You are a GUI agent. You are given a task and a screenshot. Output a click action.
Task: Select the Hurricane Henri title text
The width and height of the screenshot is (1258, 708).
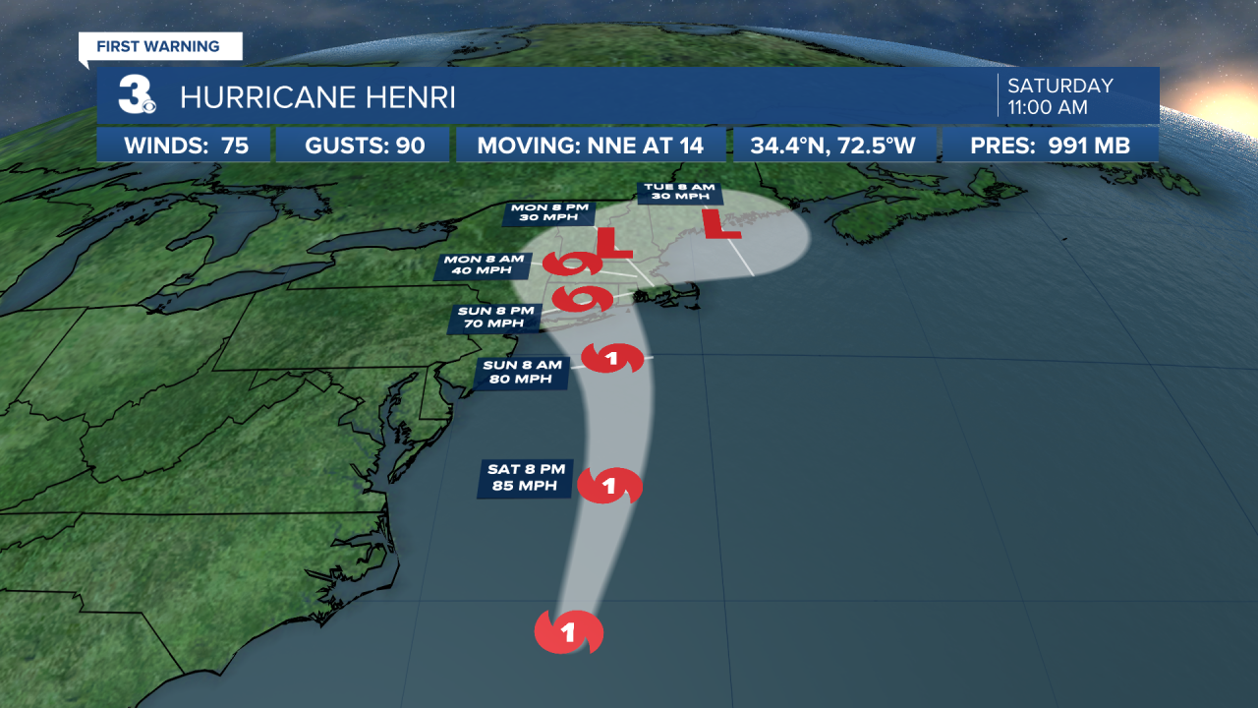click(317, 97)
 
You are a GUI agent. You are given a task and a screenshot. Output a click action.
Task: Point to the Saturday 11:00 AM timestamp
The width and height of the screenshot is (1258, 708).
click(1059, 96)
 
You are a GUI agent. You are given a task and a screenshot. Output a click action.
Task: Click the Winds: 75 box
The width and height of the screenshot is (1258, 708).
click(186, 147)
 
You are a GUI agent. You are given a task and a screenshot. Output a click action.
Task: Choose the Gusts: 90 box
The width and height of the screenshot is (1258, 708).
click(365, 147)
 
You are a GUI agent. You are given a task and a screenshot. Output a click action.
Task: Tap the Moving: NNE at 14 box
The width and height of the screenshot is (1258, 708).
click(590, 147)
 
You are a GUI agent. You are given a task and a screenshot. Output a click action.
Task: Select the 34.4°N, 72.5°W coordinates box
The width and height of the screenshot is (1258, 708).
click(832, 147)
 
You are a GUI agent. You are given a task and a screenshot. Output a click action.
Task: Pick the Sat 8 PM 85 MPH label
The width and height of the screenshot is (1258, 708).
click(525, 478)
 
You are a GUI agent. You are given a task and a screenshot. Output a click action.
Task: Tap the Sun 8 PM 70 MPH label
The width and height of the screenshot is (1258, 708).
click(498, 317)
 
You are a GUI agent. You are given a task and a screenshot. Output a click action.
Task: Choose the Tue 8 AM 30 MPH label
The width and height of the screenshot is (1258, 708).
click(679, 192)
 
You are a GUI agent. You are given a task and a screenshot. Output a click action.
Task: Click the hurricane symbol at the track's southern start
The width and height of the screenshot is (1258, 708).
click(568, 632)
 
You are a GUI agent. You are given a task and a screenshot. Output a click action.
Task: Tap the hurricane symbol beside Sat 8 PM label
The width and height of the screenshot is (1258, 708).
click(609, 486)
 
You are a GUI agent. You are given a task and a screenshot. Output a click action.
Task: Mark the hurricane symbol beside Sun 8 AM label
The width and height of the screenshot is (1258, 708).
click(613, 359)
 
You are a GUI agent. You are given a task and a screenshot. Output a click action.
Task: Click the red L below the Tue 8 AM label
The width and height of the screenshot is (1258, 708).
click(725, 223)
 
